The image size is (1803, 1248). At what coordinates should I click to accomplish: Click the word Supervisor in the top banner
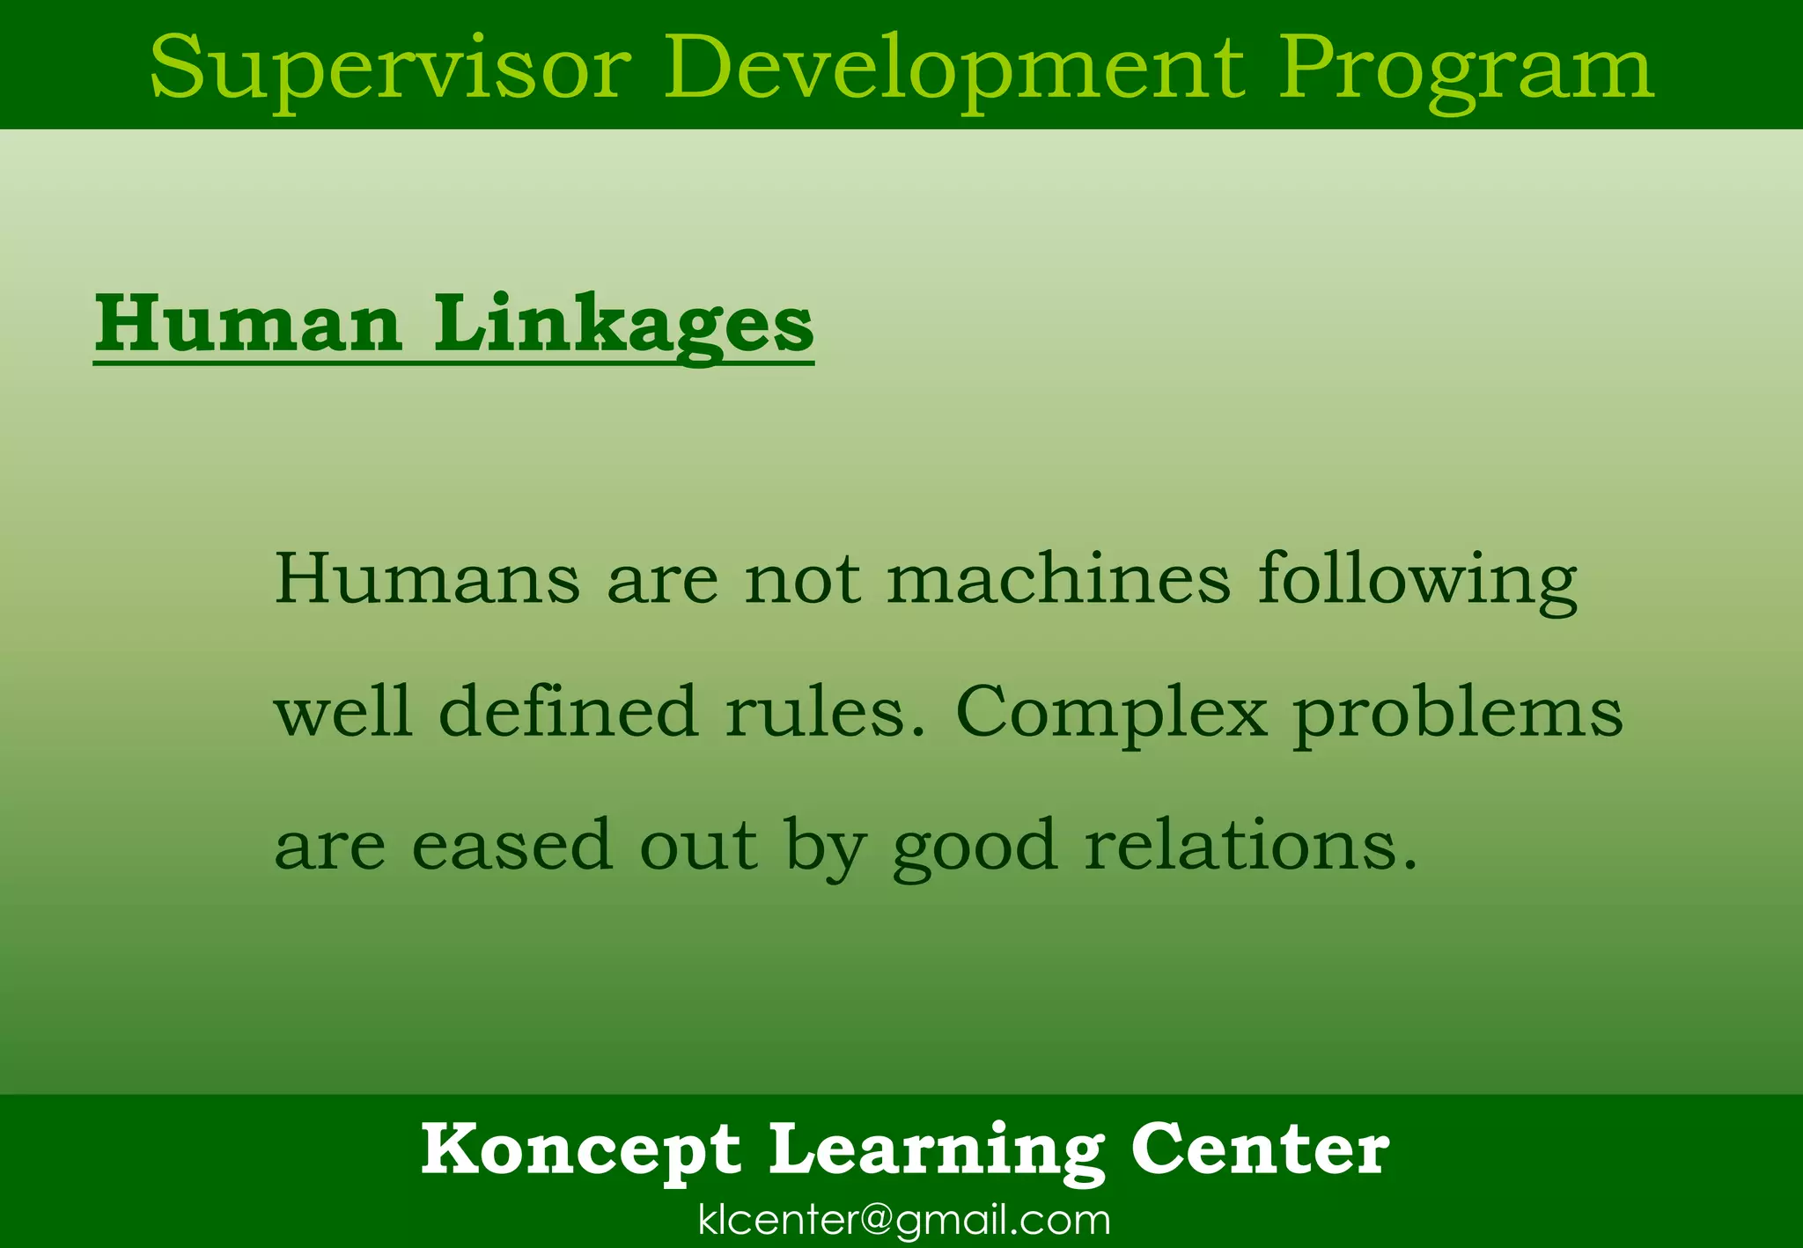390,69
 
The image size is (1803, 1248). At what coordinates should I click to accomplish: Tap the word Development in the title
954,69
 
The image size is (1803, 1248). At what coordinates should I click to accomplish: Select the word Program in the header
1466,69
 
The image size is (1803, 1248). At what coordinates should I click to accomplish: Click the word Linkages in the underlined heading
624,325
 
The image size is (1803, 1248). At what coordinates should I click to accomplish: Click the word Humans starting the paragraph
427,579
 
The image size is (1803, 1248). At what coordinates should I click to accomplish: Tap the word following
1417,581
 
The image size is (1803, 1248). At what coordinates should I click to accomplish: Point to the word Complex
1111,713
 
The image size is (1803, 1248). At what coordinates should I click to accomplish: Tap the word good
975,847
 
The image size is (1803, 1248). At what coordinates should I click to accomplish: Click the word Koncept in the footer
581,1149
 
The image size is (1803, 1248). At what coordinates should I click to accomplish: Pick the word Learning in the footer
937,1151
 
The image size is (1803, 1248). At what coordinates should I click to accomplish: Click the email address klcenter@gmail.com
904,1221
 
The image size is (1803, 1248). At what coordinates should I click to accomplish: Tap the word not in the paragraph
802,581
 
